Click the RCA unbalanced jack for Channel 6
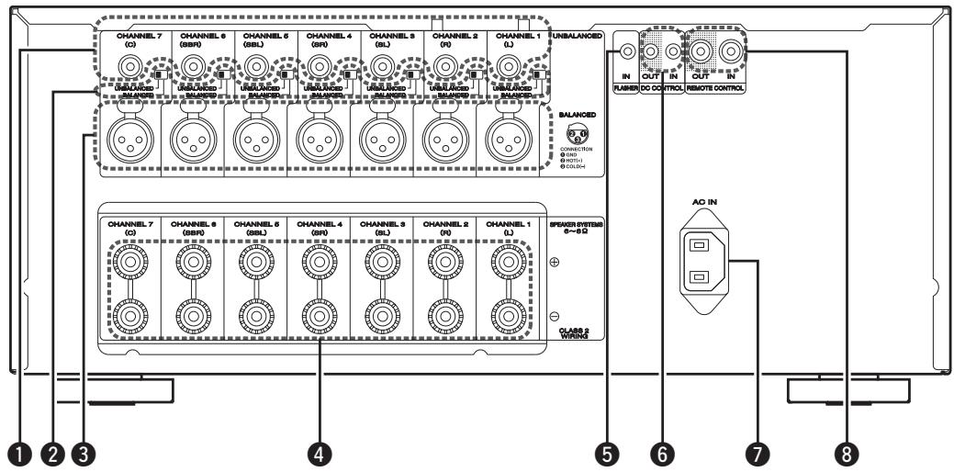click(192, 66)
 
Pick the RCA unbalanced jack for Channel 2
click(445, 66)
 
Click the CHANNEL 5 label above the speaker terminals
click(254, 223)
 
